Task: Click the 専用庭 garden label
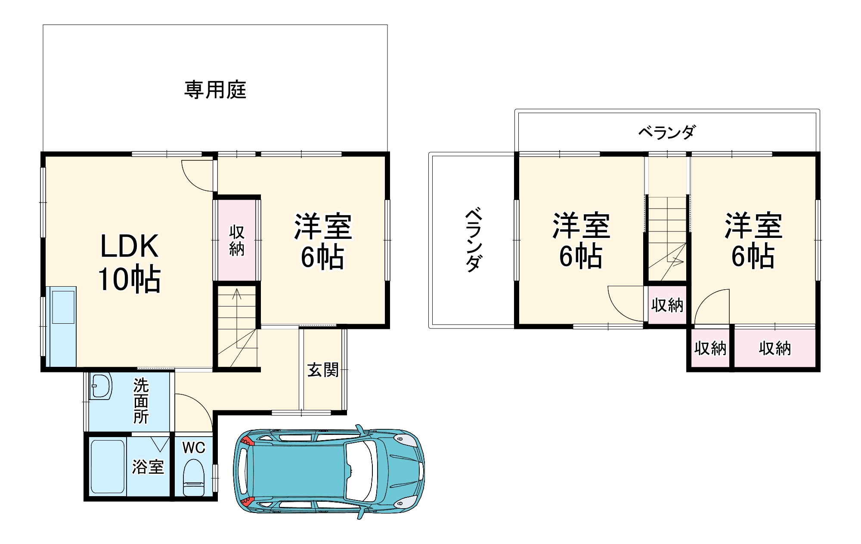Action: [215, 90]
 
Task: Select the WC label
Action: [194, 448]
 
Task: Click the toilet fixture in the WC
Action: [194, 478]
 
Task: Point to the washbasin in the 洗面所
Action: [101, 386]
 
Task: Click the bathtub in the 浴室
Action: [108, 466]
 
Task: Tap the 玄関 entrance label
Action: [323, 370]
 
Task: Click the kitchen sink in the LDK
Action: [63, 307]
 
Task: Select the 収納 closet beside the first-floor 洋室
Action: [237, 240]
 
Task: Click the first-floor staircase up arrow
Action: [237, 295]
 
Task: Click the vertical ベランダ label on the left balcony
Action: [473, 240]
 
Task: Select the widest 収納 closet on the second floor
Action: [775, 348]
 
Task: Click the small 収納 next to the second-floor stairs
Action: [667, 305]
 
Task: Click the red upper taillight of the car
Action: [246, 441]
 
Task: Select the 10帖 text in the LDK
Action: [129, 279]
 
